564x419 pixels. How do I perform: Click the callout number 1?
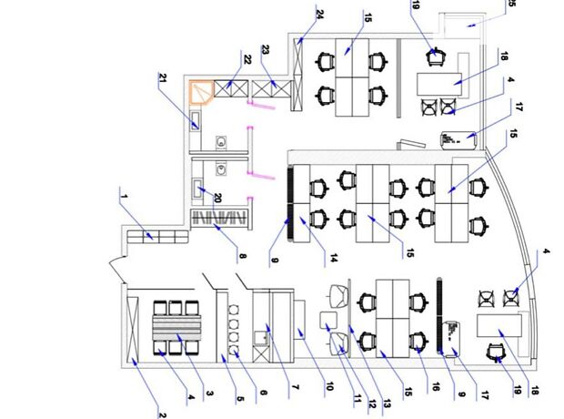pyautogui.click(x=122, y=193)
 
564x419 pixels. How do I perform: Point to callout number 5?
pyautogui.click(x=241, y=396)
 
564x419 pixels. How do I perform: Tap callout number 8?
pyautogui.click(x=243, y=257)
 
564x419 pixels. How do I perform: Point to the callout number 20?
pyautogui.click(x=217, y=197)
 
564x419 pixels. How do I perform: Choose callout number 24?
pyautogui.click(x=320, y=14)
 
